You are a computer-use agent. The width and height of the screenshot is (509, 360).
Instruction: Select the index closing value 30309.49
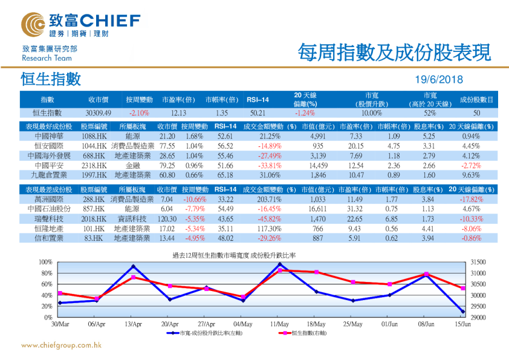click(98, 113)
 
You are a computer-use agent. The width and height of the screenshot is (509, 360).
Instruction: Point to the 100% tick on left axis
click(45, 261)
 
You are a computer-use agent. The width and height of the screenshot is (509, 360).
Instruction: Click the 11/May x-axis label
click(279, 324)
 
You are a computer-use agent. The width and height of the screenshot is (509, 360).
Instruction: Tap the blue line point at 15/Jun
click(463, 312)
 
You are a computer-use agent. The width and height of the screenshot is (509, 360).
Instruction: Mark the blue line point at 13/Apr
click(133, 267)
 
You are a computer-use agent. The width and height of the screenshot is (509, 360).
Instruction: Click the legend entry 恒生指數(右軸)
click(308, 333)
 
